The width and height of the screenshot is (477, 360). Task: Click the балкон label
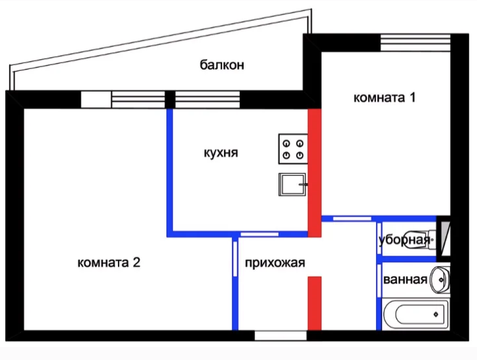[x=221, y=65]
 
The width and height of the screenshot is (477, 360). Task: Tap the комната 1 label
[x=384, y=98]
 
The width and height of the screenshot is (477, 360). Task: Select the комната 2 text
[x=109, y=262]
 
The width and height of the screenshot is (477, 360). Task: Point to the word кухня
[x=221, y=153]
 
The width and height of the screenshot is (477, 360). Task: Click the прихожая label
[x=275, y=262]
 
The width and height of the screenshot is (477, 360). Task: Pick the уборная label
[x=404, y=240]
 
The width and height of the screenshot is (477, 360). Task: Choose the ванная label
[x=405, y=279]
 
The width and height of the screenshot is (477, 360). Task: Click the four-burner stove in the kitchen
[x=293, y=149]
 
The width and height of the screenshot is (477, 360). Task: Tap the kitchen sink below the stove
[x=292, y=184]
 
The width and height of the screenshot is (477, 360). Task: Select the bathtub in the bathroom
[x=416, y=314]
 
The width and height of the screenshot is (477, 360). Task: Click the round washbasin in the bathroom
[x=440, y=279]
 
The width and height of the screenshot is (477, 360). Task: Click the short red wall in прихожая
[x=315, y=303]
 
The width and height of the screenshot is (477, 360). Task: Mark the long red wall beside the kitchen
[x=315, y=172]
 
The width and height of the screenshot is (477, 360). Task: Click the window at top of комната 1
[x=415, y=43]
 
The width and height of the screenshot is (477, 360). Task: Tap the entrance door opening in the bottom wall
[x=280, y=336]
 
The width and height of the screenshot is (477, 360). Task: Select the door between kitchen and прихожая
[x=259, y=234]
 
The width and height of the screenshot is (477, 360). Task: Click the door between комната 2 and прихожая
[x=235, y=258]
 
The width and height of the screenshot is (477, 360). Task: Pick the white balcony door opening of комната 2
[x=96, y=100]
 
